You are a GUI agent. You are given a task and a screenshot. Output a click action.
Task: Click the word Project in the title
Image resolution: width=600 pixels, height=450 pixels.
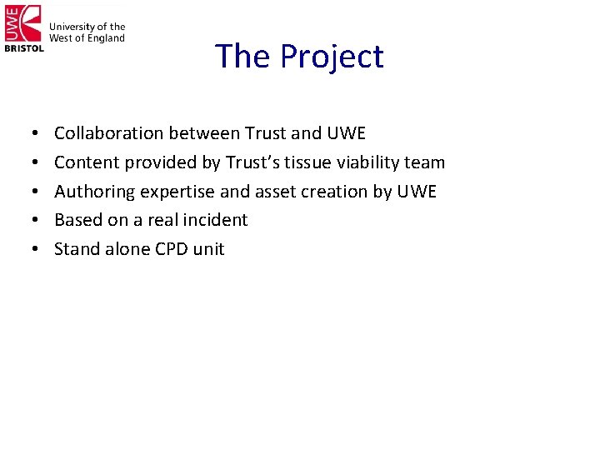click(332, 57)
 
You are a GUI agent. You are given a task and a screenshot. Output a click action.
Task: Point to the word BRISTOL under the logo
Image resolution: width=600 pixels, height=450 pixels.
click(24, 48)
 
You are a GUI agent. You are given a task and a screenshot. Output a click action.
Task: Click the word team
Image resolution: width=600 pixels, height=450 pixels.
click(427, 162)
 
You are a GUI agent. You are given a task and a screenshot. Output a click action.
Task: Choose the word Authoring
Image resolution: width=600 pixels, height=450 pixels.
click(94, 192)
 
